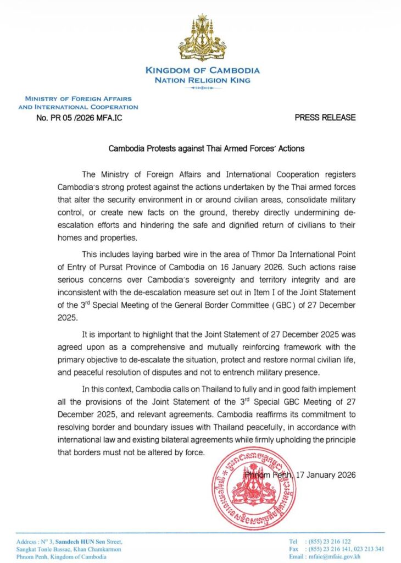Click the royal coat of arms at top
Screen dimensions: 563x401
pyautogui.click(x=203, y=39)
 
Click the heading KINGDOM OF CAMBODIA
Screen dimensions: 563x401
pyautogui.click(x=203, y=70)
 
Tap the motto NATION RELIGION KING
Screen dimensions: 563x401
pyautogui.click(x=203, y=80)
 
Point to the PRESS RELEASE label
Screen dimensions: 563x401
pyautogui.click(x=325, y=118)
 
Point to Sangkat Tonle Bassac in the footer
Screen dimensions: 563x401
pyautogui.click(x=41, y=549)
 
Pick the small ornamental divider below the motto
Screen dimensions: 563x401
pyautogui.click(x=203, y=88)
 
